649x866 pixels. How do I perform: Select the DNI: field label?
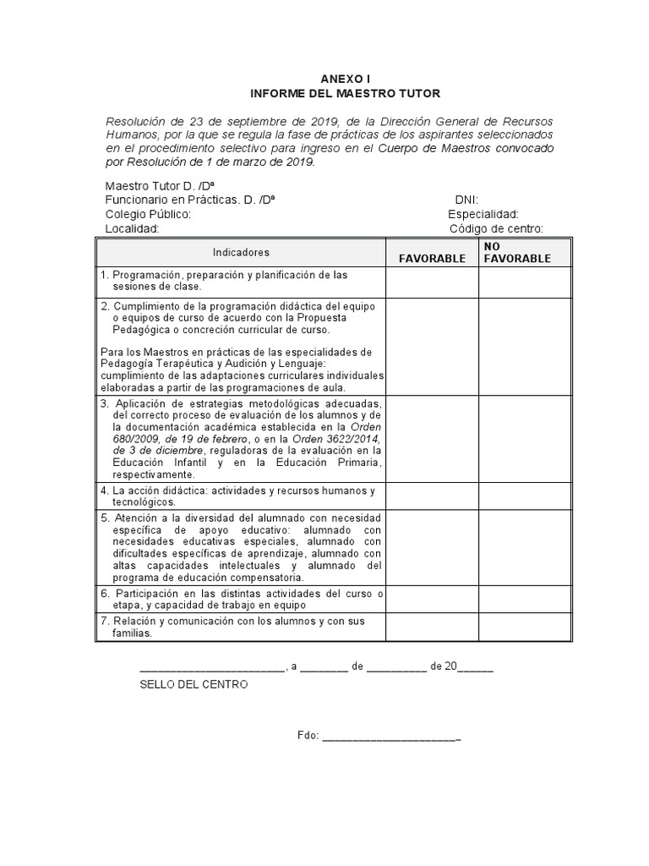(466, 200)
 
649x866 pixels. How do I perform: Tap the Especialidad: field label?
(483, 215)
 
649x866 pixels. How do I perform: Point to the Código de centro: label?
(496, 229)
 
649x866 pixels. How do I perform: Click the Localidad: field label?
(132, 229)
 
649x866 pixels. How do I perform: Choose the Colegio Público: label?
(148, 215)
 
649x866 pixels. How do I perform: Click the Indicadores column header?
(241, 253)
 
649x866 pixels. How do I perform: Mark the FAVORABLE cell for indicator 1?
(433, 282)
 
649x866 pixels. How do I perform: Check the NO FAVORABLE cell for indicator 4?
(525, 496)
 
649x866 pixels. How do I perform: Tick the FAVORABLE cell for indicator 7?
(433, 627)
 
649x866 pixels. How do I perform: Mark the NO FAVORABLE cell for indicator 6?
(525, 600)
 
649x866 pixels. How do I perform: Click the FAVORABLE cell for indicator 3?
(433, 439)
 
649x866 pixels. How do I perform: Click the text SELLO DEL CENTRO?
(194, 684)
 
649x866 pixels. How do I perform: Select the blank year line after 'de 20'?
(476, 667)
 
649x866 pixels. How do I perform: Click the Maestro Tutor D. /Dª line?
(158, 186)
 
